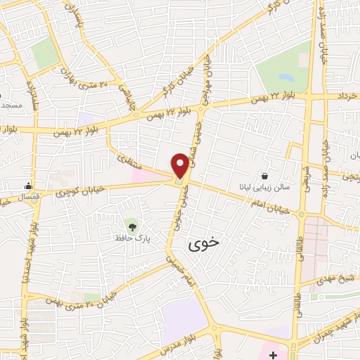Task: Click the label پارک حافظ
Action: click(x=130, y=238)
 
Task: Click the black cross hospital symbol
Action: click(x=273, y=354)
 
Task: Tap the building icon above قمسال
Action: click(x=27, y=186)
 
